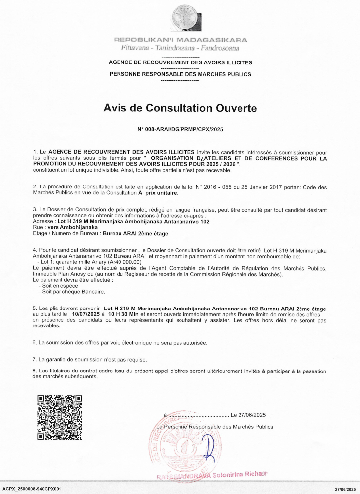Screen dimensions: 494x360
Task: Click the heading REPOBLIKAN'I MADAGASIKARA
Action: point(180,40)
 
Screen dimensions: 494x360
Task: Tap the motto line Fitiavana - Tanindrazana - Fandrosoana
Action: point(180,48)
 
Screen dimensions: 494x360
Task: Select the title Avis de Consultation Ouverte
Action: point(180,108)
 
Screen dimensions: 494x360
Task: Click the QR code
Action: point(60,417)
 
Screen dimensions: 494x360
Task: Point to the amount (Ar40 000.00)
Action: point(122,262)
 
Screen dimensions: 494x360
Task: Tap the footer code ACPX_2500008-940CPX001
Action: point(32,489)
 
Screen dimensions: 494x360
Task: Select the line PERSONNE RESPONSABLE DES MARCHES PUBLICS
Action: point(180,74)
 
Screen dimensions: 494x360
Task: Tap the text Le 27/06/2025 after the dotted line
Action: point(248,415)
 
